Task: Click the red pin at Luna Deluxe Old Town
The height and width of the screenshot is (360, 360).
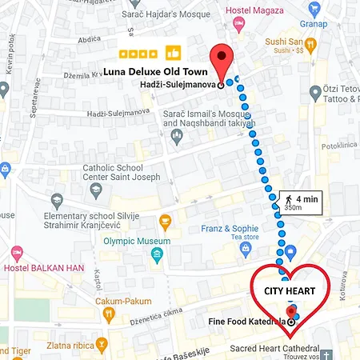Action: pos(221,58)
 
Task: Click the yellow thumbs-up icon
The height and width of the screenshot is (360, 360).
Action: pos(172,54)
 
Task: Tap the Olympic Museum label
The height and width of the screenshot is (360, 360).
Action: pos(136,241)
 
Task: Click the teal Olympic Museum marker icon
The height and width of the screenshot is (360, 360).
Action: pos(158,256)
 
